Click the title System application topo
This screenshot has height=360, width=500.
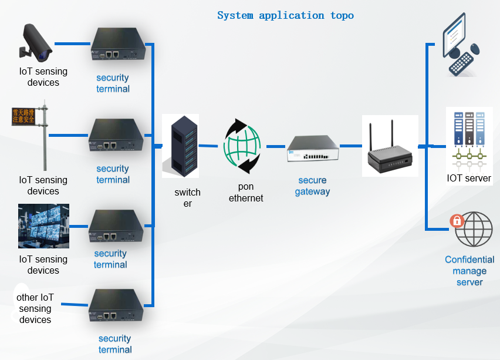[x=285, y=15]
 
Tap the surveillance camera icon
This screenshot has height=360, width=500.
[x=36, y=42]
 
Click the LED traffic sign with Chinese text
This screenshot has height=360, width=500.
[x=24, y=115]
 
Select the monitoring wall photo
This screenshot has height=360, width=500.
[x=43, y=226]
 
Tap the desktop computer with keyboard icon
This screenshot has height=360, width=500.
[x=461, y=46]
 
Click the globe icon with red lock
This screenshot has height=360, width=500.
[x=473, y=230]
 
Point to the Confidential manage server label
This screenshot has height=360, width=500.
[x=469, y=271]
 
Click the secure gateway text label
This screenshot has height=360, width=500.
[x=312, y=186]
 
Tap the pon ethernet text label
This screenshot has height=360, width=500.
[x=246, y=192]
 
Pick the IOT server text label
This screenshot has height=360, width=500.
[x=469, y=178]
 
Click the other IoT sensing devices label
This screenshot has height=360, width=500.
[x=35, y=308]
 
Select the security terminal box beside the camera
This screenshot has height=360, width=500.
[x=117, y=45]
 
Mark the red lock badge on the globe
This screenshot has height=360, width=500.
[x=457, y=221]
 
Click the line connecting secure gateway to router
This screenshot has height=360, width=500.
[x=351, y=145]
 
